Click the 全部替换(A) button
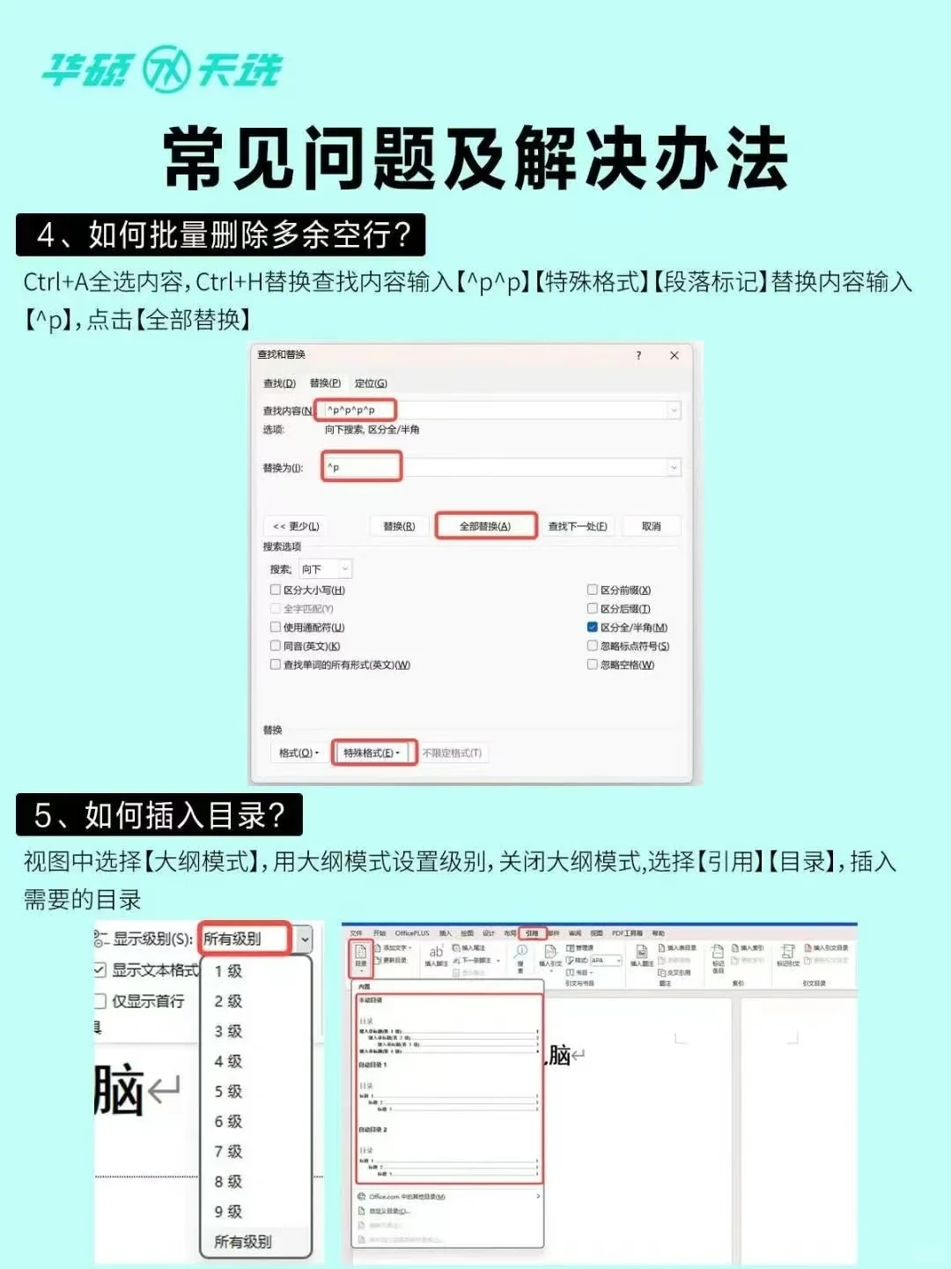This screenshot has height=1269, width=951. tap(485, 526)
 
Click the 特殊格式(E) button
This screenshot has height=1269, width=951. tap(372, 753)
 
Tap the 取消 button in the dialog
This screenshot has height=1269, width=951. tap(651, 526)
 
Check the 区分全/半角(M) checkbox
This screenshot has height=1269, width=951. tap(593, 627)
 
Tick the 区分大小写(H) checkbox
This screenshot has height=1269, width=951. tap(276, 590)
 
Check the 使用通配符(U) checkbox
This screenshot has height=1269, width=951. tap(276, 627)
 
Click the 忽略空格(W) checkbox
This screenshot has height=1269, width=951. tap(593, 664)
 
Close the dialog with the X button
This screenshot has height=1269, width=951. tap(675, 355)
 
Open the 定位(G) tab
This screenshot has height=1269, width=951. tap(371, 383)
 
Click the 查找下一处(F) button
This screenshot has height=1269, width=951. tap(577, 526)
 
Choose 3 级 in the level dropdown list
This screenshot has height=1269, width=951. tap(228, 1031)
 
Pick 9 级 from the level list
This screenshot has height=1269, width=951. tap(228, 1212)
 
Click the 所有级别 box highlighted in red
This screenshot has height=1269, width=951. tap(244, 939)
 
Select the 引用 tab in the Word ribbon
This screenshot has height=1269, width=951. tap(532, 933)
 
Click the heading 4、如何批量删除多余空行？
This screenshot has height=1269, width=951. tap(221, 235)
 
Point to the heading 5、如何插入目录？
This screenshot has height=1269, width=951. tap(159, 815)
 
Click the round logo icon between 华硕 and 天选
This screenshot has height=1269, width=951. tap(166, 69)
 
